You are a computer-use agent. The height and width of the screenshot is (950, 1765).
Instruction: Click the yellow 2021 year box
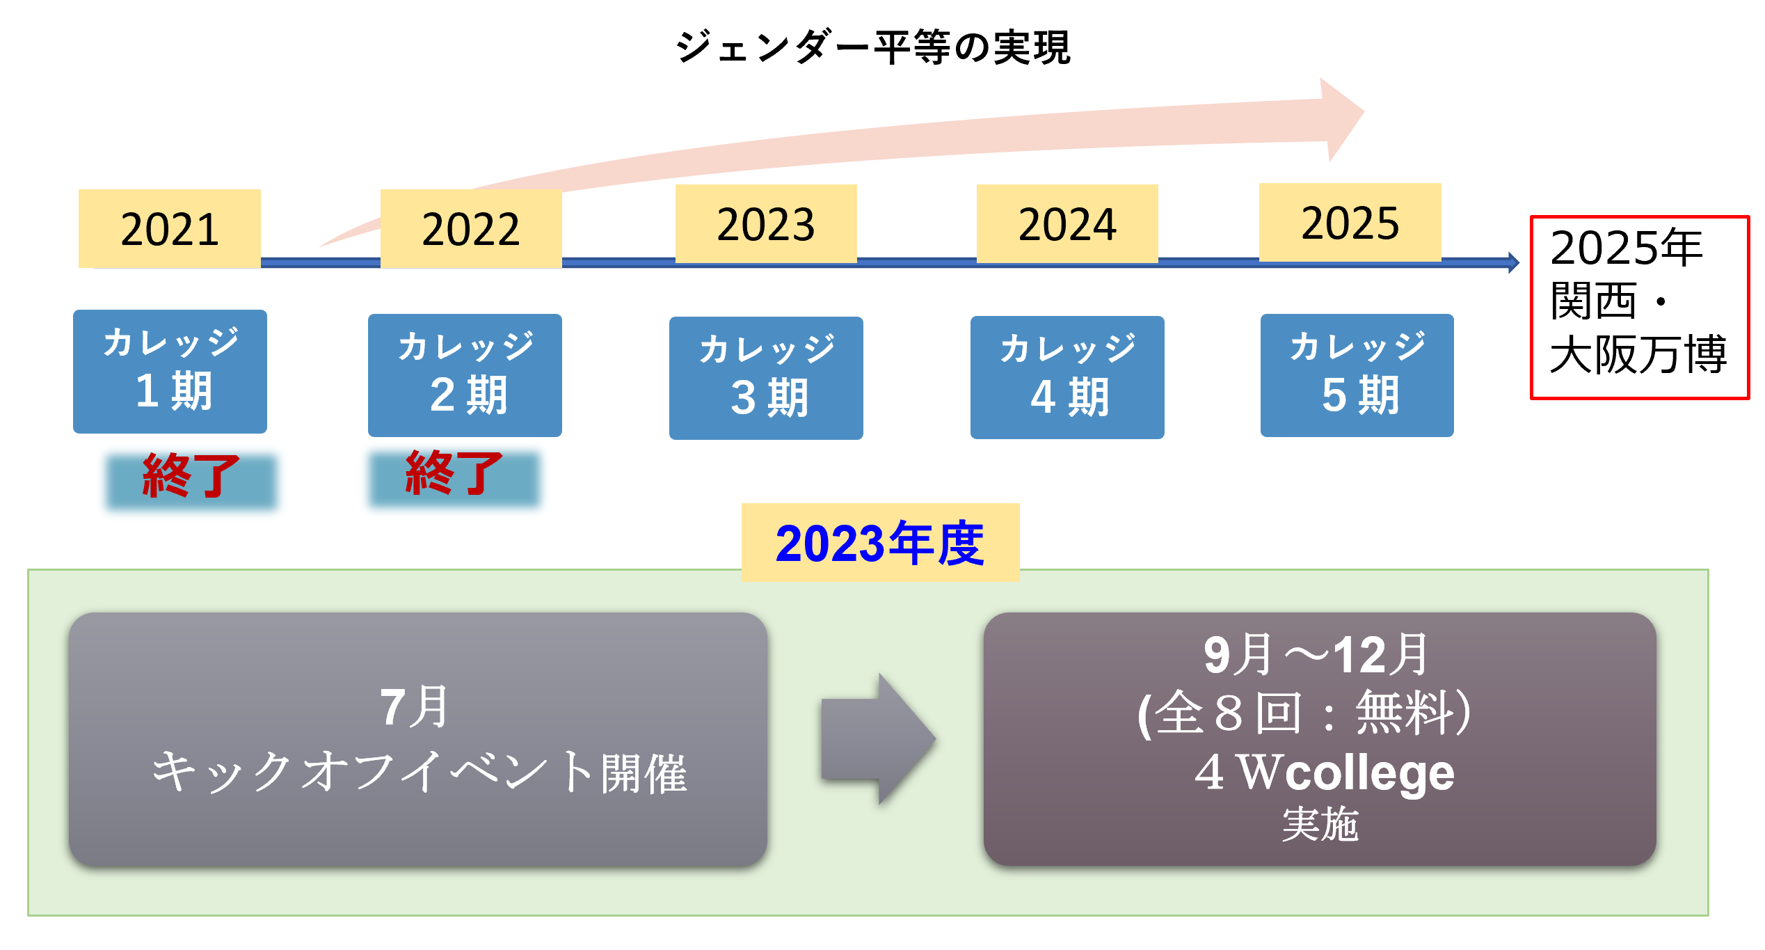(170, 228)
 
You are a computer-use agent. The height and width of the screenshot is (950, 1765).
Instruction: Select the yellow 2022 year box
(471, 228)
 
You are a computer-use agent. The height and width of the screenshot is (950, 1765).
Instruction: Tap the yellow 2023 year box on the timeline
(766, 223)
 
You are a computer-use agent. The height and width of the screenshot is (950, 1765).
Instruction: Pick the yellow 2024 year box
(1067, 223)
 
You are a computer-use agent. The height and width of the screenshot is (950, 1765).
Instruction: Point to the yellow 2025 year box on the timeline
(1350, 222)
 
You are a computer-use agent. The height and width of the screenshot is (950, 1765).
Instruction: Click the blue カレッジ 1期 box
(170, 372)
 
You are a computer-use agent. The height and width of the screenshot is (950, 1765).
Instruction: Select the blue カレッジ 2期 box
(465, 375)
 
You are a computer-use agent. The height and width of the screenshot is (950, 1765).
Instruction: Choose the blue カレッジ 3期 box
(766, 378)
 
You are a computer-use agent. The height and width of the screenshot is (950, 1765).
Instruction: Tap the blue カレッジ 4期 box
(1067, 377)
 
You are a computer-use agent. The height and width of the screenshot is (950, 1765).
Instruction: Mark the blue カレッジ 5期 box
(1357, 375)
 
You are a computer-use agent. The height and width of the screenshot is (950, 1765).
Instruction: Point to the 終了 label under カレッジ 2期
(454, 475)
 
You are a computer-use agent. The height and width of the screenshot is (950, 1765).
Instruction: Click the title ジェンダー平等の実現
(872, 47)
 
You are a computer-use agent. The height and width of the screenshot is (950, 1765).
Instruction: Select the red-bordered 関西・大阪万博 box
(1639, 307)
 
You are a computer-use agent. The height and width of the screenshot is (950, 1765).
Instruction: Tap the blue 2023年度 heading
(880, 543)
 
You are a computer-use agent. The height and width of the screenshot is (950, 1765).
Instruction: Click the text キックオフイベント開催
(419, 773)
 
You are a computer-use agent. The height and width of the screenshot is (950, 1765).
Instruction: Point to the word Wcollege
(1348, 773)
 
